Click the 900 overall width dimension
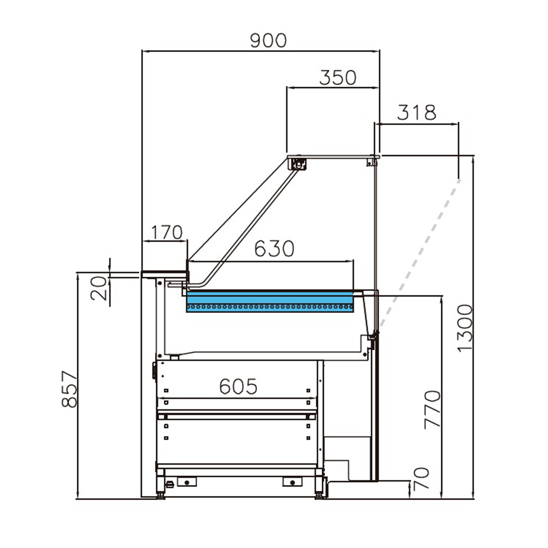(x=268, y=41)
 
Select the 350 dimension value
(x=337, y=78)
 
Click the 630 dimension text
(x=274, y=249)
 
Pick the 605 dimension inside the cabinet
(x=238, y=387)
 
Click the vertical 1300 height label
(x=464, y=328)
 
